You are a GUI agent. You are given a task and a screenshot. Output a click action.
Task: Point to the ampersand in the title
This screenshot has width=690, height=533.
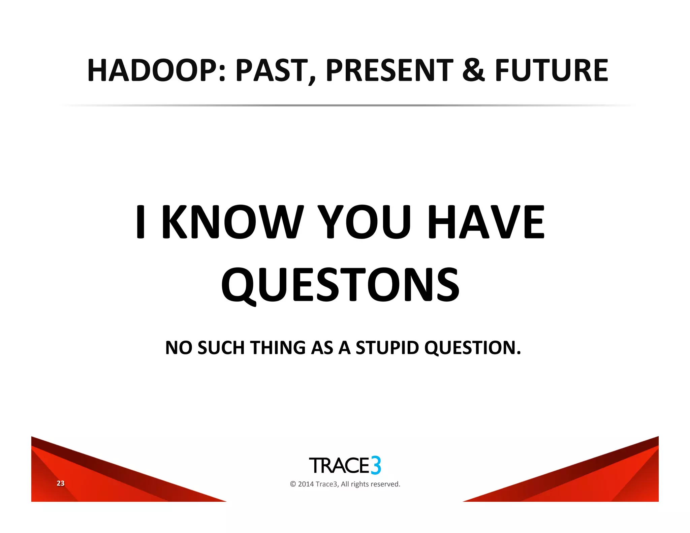pos(473,70)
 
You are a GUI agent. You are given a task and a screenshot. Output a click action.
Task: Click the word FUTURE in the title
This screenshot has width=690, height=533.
pos(551,70)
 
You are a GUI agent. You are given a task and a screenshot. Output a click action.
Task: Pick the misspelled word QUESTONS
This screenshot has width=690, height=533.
pos(340,285)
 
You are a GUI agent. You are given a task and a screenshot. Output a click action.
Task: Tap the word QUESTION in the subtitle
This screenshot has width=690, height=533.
pos(472,348)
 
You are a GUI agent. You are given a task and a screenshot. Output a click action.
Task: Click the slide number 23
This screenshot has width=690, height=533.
pos(60,483)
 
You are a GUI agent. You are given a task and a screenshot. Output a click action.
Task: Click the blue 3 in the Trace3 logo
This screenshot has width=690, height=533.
pos(376,465)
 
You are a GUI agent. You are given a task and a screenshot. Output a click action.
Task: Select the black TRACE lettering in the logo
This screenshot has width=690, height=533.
pos(339,466)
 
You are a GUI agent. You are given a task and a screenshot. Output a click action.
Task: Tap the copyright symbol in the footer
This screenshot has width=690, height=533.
pos(293,484)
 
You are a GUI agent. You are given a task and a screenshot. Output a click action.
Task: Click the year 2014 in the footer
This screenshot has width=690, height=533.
pos(306,484)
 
